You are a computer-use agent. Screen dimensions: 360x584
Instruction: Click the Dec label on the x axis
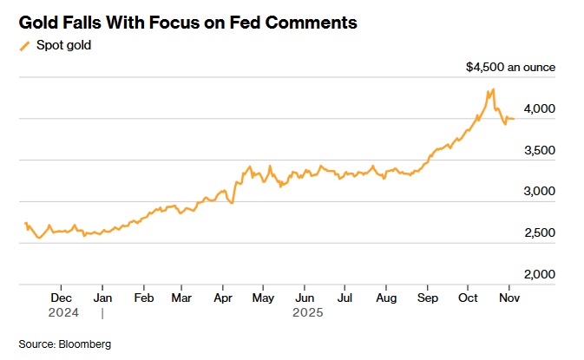click(x=61, y=297)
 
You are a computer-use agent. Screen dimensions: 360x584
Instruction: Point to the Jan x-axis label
click(x=102, y=297)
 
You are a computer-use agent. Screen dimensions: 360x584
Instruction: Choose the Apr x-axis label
click(x=223, y=297)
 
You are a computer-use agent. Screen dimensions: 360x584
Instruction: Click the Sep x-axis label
click(x=427, y=297)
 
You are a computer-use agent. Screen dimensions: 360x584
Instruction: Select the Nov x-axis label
click(x=509, y=297)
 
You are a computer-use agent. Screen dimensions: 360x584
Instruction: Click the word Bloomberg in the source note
click(x=85, y=344)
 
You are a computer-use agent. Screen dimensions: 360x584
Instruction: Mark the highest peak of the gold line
click(x=493, y=88)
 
